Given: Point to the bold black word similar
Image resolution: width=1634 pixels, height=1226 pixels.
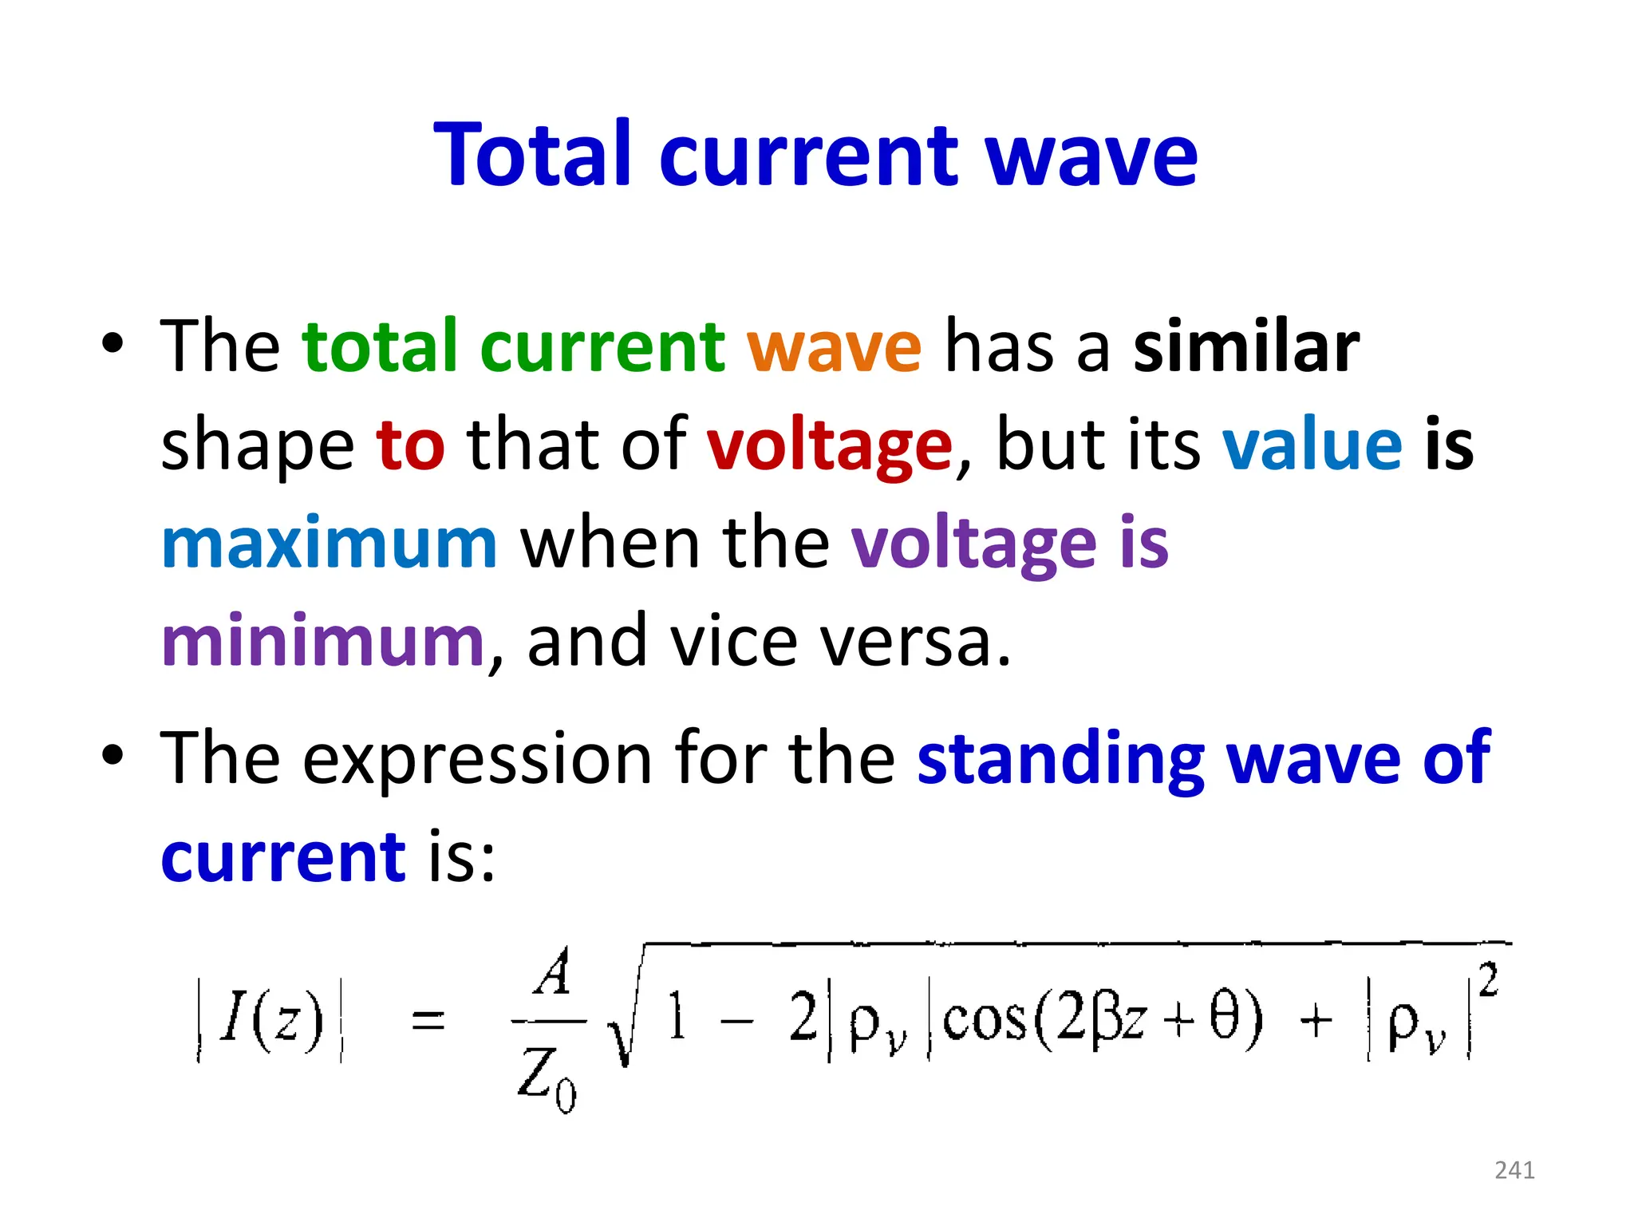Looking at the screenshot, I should click(x=1246, y=346).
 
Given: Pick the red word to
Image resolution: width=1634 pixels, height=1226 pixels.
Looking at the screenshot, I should click(x=410, y=445).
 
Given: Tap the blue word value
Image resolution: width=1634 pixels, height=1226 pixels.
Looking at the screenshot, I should click(x=1312, y=445).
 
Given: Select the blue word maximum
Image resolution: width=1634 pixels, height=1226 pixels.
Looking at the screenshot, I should click(x=330, y=544).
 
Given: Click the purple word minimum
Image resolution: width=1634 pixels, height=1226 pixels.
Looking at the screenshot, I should click(x=322, y=641).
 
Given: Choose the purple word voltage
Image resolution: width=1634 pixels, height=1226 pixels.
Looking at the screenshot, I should click(x=973, y=545).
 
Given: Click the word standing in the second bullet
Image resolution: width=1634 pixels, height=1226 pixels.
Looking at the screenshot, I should click(x=1060, y=758).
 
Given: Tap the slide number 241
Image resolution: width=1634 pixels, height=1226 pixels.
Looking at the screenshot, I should click(x=1514, y=1170).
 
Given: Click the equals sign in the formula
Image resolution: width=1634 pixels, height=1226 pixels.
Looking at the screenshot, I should click(x=428, y=1021).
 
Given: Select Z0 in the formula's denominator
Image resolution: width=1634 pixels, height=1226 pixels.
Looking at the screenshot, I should click(x=547, y=1078).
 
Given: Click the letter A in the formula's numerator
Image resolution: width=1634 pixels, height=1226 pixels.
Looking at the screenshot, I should click(x=553, y=973).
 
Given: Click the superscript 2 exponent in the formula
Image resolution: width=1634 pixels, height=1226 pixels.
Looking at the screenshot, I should click(x=1488, y=979).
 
